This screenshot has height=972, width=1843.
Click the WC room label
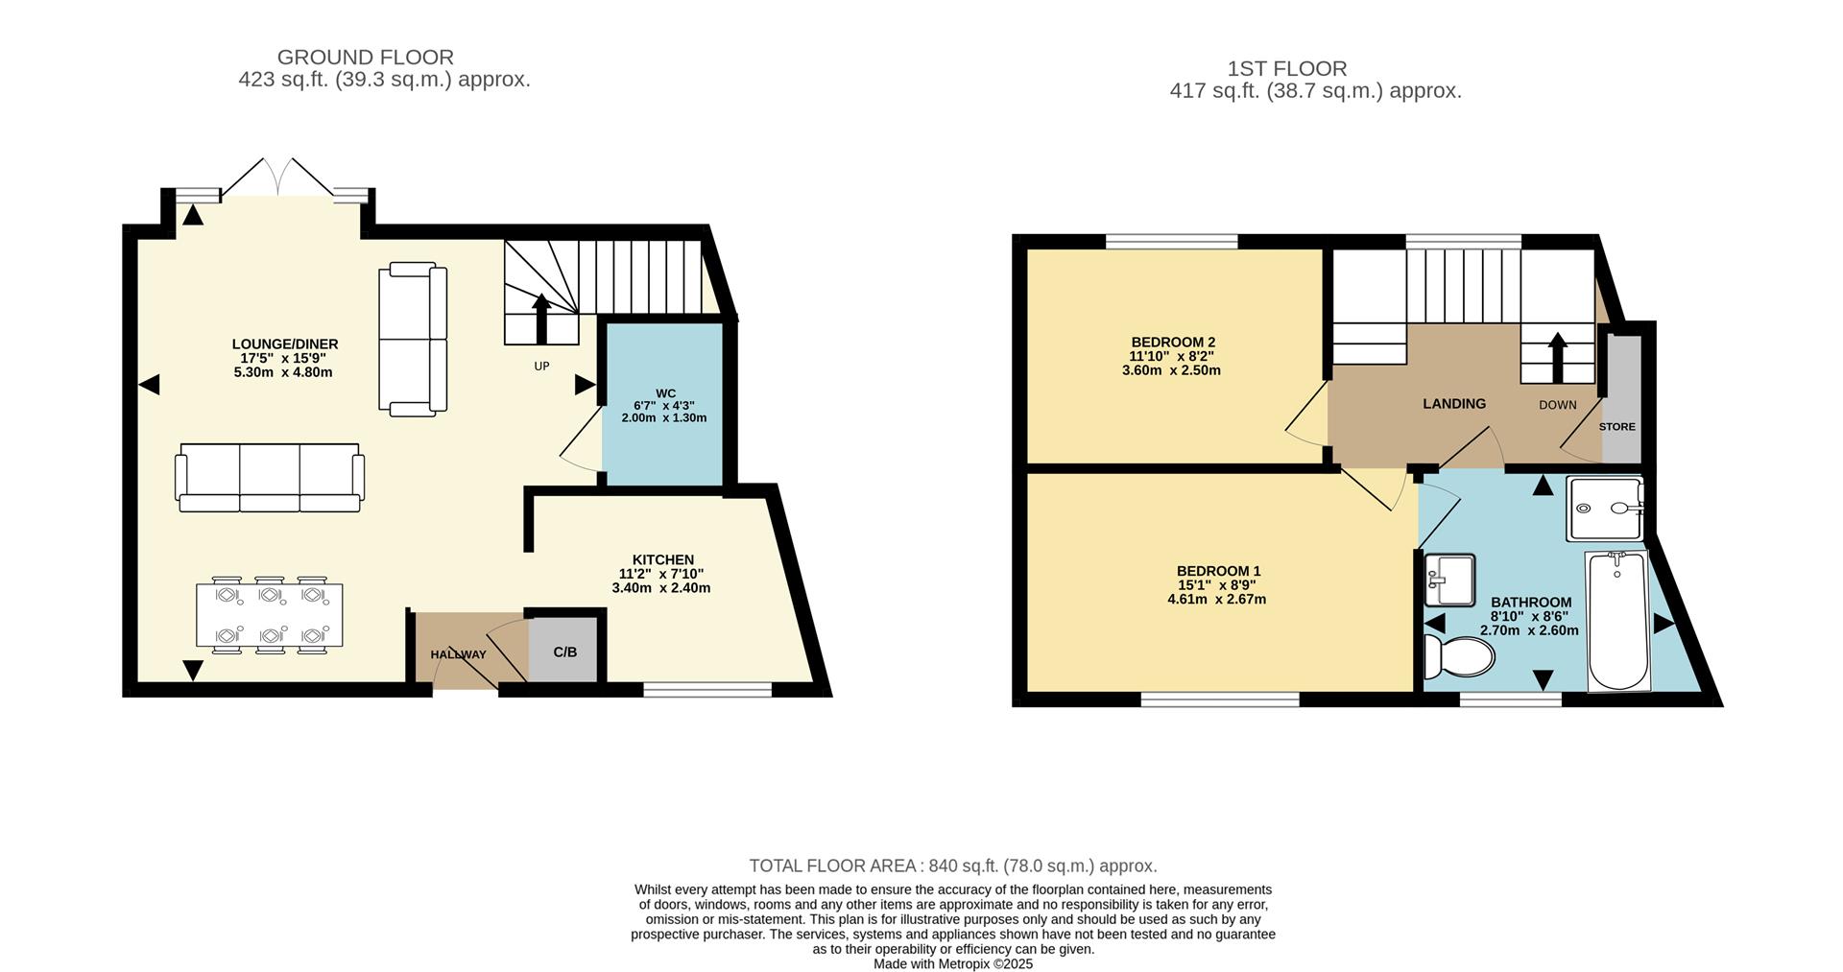(x=665, y=393)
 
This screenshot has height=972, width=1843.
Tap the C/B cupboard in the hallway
(x=564, y=652)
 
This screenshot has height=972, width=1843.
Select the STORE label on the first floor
(x=1617, y=426)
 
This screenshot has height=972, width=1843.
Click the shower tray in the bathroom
(x=1605, y=509)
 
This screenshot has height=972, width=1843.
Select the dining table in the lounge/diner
(x=270, y=614)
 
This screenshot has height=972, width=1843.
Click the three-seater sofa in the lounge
(x=270, y=477)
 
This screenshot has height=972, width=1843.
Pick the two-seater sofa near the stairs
(x=414, y=340)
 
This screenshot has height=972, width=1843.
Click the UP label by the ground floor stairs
(x=541, y=367)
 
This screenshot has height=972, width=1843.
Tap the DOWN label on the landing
(x=1557, y=405)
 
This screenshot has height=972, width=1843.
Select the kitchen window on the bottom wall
(x=707, y=688)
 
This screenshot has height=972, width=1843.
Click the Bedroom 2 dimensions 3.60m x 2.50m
(x=1171, y=370)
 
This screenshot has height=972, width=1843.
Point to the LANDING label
(x=1453, y=404)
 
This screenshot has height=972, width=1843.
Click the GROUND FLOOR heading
(x=365, y=58)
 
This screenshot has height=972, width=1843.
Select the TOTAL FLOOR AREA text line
(x=952, y=865)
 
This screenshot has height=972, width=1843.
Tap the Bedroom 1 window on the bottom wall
(x=1219, y=699)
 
